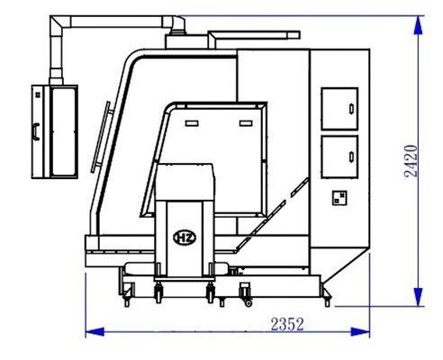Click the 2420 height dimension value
[x=411, y=161]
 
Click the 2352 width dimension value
[x=287, y=324]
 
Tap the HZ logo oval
[x=185, y=238]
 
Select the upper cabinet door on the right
[x=339, y=109]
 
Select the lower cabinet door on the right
[x=339, y=157]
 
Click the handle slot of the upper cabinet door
[x=351, y=109]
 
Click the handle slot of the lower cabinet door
[x=351, y=157]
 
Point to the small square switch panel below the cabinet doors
[x=339, y=198]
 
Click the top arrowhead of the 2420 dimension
[x=418, y=25]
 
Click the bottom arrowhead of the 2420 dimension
[x=418, y=297]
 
